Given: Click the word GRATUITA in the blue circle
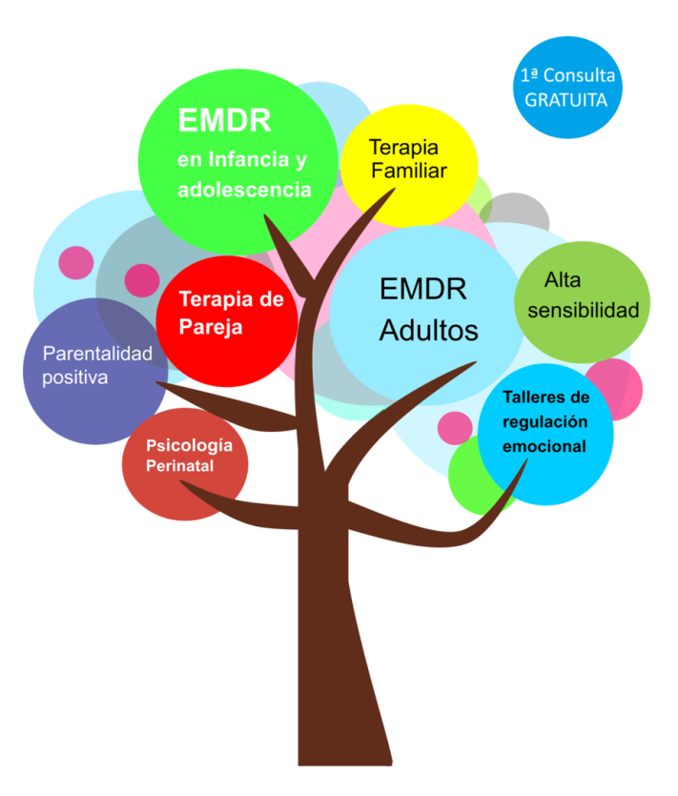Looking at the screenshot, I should [566, 98].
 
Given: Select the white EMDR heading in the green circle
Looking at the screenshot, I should [225, 121].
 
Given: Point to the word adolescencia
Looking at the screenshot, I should [244, 189].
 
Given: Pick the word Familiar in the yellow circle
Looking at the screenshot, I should [409, 171].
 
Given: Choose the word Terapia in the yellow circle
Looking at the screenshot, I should [403, 149].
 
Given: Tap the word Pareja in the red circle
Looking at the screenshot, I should [211, 327].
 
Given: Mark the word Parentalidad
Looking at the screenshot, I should [97, 354].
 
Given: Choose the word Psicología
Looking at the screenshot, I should [189, 445].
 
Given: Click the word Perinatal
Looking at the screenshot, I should [179, 465].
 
